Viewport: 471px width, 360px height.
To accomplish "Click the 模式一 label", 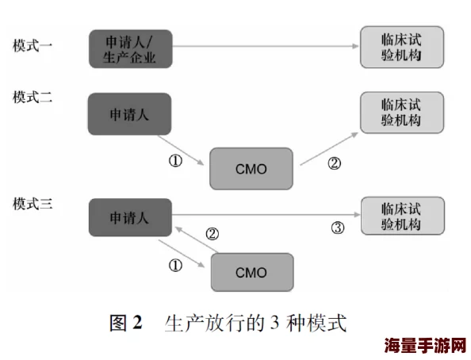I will (x=33, y=45).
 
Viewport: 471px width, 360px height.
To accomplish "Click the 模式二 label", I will (x=33, y=98).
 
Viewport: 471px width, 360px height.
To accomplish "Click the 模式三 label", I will (x=33, y=204).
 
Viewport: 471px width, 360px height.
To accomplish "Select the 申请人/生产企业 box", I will (x=129, y=48).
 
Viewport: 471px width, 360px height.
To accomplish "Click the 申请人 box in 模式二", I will (x=129, y=113).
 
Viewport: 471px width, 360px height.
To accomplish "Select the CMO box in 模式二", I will (x=251, y=168).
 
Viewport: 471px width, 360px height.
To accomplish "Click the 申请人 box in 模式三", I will (x=129, y=218).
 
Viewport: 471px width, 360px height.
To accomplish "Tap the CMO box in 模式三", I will (x=251, y=272).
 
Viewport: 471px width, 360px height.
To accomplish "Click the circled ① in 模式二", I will (x=175, y=160).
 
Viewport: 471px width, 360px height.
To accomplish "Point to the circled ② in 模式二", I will (x=334, y=163).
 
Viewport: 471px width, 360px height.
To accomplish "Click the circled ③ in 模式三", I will (x=337, y=228).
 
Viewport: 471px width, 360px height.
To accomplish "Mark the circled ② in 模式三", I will (x=212, y=234).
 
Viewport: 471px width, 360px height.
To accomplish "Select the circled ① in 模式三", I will (x=175, y=263).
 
